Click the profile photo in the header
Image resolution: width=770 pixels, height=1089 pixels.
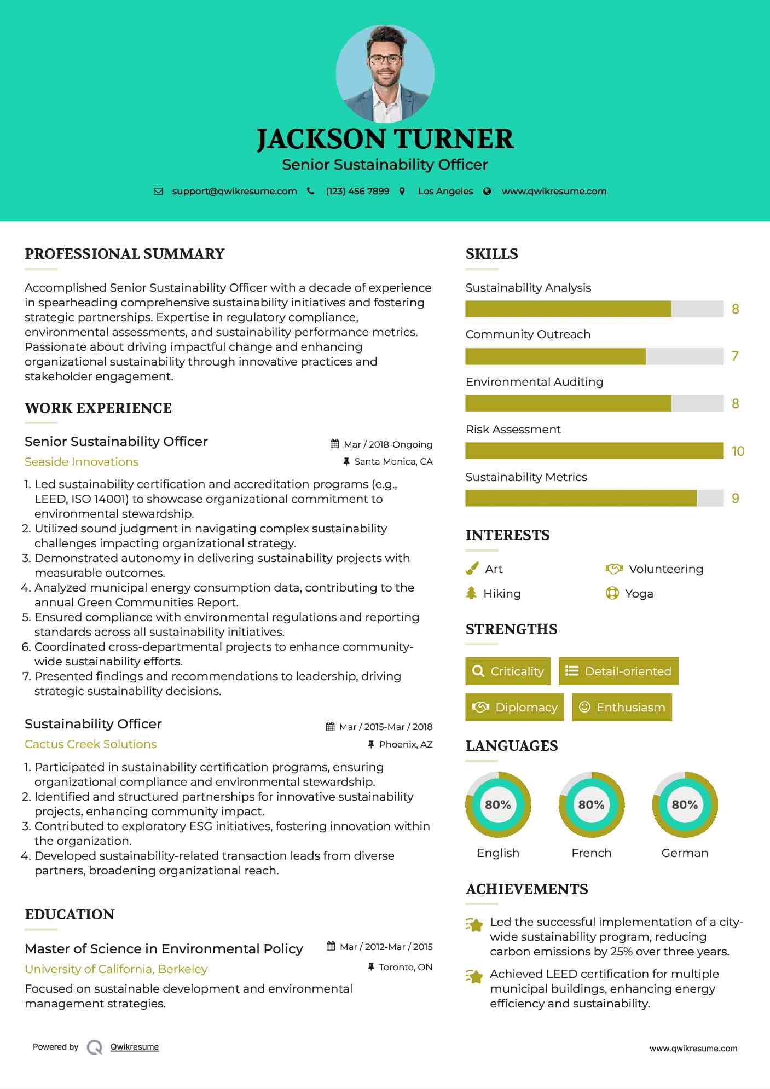(385, 73)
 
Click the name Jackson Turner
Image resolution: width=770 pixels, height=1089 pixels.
(385, 139)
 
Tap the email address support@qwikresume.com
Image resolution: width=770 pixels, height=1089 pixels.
(234, 192)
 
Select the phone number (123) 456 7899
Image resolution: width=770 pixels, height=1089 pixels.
(357, 192)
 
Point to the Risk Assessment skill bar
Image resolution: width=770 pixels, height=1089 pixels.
(594, 451)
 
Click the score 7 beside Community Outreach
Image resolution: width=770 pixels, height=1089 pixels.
(735, 356)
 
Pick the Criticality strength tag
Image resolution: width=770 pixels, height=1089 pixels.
(508, 671)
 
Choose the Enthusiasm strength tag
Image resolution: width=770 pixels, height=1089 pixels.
(622, 708)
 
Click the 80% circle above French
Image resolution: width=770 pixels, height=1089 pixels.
(591, 805)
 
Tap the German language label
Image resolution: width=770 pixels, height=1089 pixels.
(685, 853)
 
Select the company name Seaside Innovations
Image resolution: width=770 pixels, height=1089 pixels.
(82, 462)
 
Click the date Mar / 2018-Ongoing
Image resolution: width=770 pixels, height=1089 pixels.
(387, 444)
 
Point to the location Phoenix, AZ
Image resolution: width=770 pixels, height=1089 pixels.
(406, 744)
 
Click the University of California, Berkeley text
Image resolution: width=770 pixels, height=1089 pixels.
(116, 969)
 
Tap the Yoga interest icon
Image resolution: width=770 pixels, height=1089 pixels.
(612, 593)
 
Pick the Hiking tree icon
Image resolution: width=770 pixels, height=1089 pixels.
(471, 593)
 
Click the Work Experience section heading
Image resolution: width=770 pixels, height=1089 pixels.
(98, 408)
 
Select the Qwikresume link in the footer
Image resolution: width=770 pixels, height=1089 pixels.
(135, 1047)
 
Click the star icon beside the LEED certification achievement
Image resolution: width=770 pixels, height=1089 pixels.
(474, 976)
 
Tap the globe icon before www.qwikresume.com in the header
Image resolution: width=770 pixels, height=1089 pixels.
(487, 192)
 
